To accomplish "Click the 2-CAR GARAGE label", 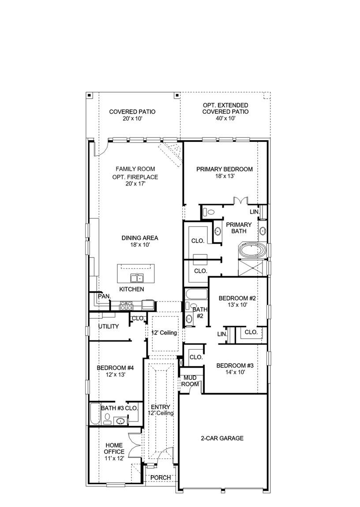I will point(222,438).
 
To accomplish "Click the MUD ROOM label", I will point(190,381).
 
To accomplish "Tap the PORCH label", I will point(160,477).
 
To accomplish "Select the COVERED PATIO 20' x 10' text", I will point(132,115).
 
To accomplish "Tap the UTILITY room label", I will point(109,326).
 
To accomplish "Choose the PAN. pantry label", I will point(104,296).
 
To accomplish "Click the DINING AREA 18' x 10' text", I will point(140,241).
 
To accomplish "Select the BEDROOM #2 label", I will point(237,301).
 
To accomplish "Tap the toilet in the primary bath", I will point(209,212).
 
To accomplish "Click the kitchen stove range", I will point(126,305).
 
